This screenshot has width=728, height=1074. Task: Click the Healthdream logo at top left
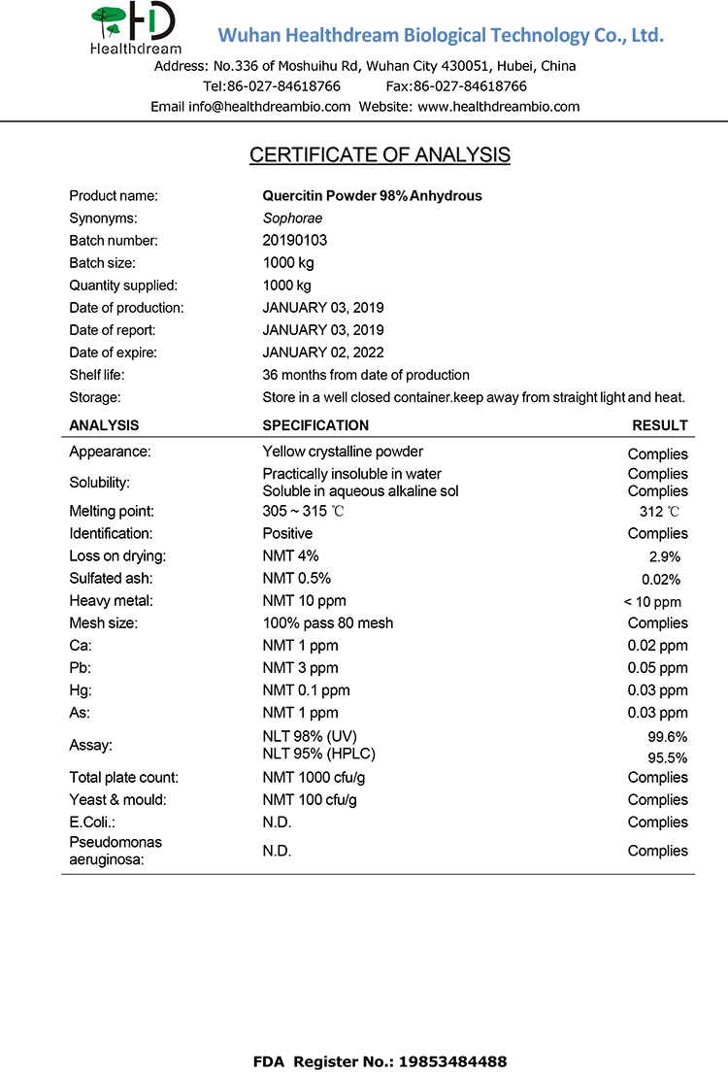tap(135, 29)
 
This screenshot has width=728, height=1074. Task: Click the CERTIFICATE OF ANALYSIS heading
tap(380, 155)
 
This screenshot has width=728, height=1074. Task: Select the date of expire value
tap(323, 352)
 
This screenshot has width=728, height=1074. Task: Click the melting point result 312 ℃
tap(659, 512)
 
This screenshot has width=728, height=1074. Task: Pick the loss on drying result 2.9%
tap(665, 557)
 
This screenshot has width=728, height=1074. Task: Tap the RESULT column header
tap(660, 425)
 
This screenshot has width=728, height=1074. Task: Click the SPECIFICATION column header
tap(315, 425)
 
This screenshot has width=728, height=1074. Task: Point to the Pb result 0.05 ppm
tap(657, 668)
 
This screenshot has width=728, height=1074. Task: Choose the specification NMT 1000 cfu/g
tap(314, 778)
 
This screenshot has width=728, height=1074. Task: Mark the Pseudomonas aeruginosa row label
tap(116, 851)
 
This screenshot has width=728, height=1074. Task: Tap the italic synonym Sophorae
tap(292, 218)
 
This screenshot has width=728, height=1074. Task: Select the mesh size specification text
tap(328, 623)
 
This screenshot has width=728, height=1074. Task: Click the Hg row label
tap(82, 690)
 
